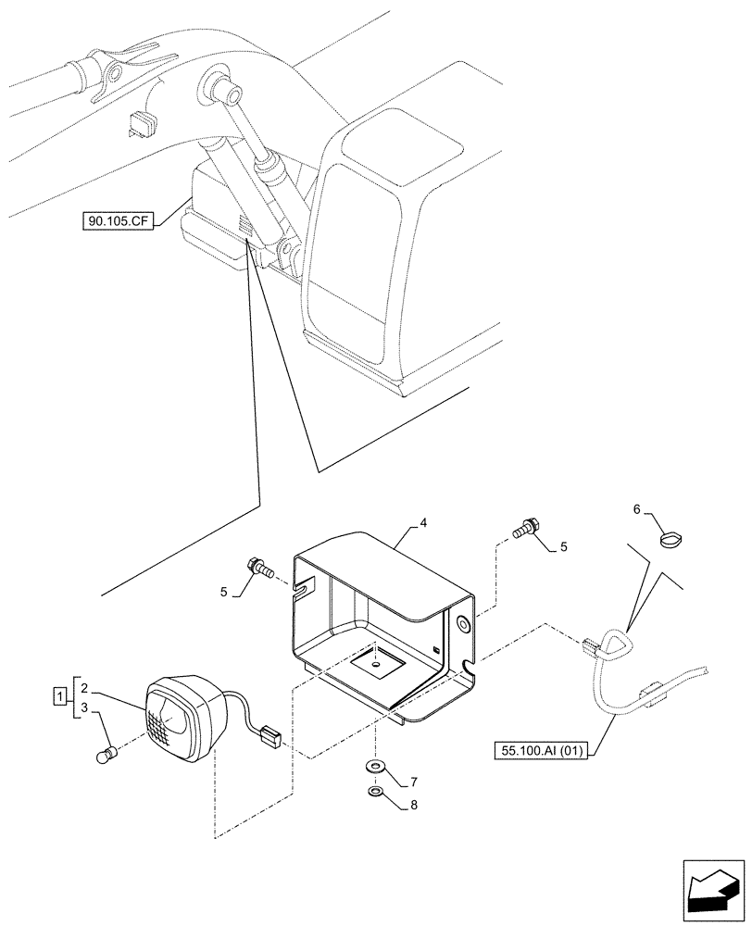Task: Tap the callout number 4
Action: [x=422, y=523]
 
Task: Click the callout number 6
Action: [x=636, y=509]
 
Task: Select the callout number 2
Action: [x=83, y=688]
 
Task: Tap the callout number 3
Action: [x=83, y=708]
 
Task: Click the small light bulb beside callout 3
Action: [x=107, y=756]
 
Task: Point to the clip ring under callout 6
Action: [x=671, y=538]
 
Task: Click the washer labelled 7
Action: [x=376, y=766]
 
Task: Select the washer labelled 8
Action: [x=375, y=793]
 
